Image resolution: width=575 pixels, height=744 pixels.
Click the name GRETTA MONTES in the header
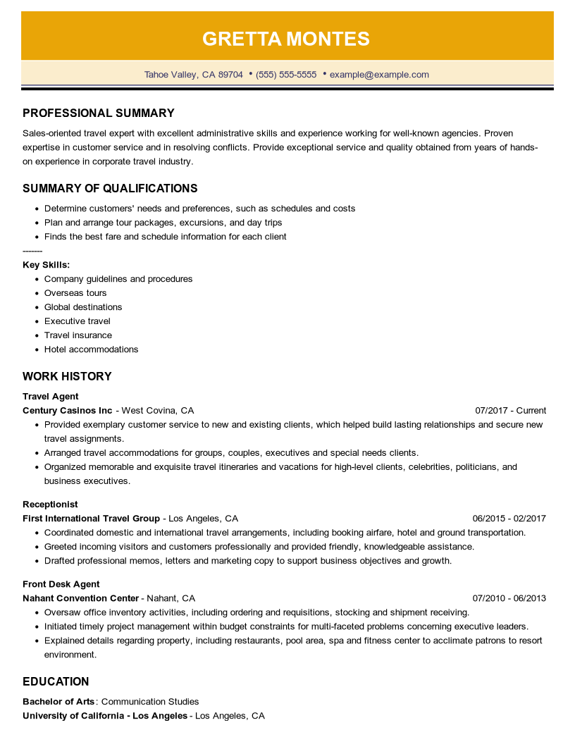[286, 39]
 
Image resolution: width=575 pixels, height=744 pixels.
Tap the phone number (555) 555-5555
[286, 75]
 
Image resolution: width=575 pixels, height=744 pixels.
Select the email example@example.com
[379, 75]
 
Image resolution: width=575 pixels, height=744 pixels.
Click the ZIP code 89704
[230, 75]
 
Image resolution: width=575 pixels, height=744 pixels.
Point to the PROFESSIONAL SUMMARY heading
[99, 113]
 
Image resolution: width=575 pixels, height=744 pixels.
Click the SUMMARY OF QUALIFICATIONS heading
[110, 189]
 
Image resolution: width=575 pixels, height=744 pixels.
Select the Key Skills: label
[46, 265]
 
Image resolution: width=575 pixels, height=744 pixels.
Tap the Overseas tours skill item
[75, 293]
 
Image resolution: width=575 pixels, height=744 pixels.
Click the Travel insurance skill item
[78, 335]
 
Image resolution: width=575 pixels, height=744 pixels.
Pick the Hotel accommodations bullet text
[91, 349]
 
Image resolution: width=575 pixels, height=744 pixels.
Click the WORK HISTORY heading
[67, 377]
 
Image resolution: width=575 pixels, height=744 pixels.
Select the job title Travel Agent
[51, 397]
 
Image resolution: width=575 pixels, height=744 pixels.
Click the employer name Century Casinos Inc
[68, 411]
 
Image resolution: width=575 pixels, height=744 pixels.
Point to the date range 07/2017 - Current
[510, 411]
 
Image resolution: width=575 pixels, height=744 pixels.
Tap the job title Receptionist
[50, 504]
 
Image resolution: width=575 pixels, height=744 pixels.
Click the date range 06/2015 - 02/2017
[509, 519]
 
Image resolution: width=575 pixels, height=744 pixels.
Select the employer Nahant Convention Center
[80, 598]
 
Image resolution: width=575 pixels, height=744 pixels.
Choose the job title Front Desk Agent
[61, 584]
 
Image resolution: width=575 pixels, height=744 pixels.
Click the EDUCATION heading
[56, 682]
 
